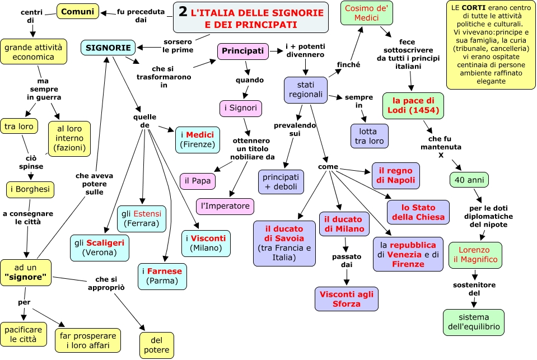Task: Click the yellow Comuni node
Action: point(78,11)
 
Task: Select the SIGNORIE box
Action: point(108,48)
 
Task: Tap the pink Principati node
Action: point(242,51)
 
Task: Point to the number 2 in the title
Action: point(184,11)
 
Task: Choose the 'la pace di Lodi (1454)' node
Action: point(413,105)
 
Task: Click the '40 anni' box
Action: point(469,180)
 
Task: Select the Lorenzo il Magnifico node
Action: point(475,255)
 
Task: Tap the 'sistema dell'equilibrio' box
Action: point(473,322)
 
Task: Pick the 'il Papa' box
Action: point(197,181)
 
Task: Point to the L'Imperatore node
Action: point(225,206)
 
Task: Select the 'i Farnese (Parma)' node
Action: point(162,275)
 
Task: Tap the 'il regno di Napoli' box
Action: point(395,175)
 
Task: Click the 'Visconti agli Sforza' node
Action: point(346,298)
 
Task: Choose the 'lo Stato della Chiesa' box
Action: point(418,212)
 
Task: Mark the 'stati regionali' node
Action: point(305,90)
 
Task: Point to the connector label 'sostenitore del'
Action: point(474,289)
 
